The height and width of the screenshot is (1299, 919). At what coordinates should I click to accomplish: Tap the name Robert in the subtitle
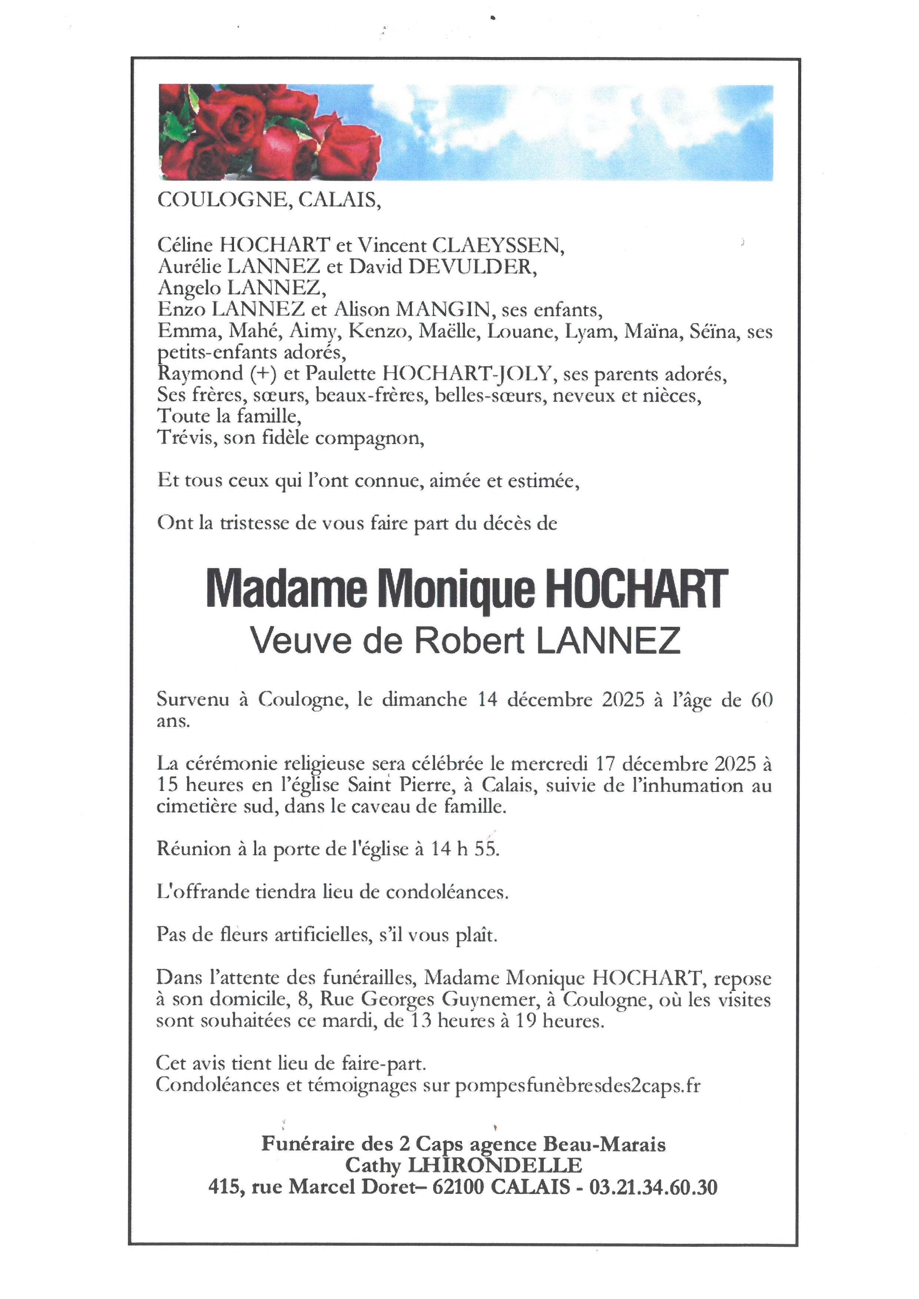[470, 641]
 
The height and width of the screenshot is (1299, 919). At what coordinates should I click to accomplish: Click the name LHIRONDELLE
[495, 1166]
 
